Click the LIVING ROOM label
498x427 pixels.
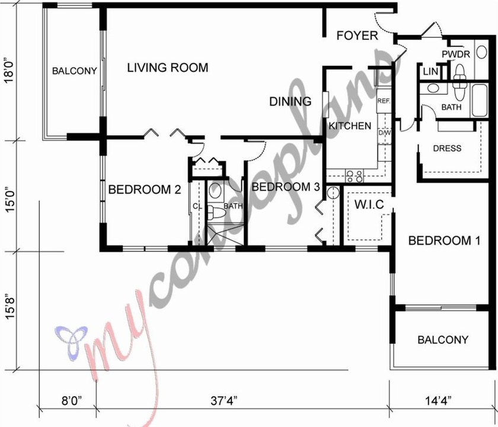click(168, 68)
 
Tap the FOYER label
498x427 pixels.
click(357, 36)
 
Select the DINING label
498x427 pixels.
click(290, 101)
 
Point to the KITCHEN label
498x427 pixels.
click(350, 126)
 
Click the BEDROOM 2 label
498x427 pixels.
click(145, 190)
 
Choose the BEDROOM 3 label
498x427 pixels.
click(286, 187)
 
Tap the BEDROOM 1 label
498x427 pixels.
click(444, 241)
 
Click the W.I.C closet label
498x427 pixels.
click(369, 204)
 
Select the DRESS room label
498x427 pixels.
click(447, 148)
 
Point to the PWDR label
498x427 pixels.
click(456, 55)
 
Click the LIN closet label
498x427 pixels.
click(430, 72)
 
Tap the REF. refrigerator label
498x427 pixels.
click(384, 101)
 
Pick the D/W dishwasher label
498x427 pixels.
click(385, 133)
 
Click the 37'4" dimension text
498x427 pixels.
click(224, 401)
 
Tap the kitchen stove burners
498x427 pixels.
click(355, 176)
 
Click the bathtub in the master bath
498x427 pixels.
click(479, 100)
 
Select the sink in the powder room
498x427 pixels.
click(482, 52)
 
